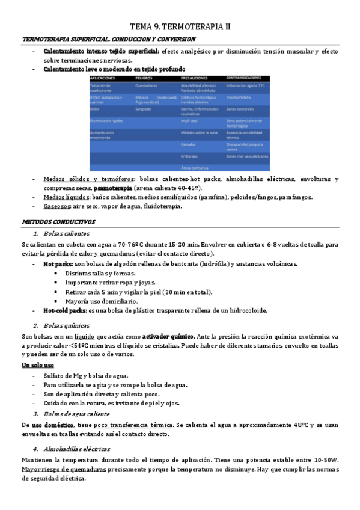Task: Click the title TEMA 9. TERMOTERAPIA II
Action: point(180,27)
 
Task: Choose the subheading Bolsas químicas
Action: point(66,325)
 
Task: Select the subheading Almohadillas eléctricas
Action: point(76,449)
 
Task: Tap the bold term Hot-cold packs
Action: point(65,310)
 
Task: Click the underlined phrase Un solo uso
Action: point(38,364)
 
